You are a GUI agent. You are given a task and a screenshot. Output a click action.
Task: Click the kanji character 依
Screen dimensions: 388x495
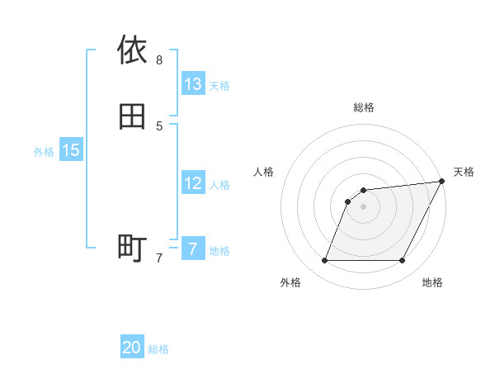tap(132, 50)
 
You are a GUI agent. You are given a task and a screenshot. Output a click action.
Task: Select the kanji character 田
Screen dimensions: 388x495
tap(132, 116)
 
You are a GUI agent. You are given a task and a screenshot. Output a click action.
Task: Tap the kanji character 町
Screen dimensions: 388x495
tap(132, 248)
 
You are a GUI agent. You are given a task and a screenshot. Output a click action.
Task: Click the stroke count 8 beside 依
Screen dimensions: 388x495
tap(159, 59)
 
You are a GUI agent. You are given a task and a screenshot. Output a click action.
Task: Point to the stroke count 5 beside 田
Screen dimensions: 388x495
tap(159, 125)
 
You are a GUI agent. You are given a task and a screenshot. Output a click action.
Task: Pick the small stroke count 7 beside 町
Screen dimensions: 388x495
tap(159, 258)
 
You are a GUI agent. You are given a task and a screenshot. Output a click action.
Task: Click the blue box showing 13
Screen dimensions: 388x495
tap(193, 84)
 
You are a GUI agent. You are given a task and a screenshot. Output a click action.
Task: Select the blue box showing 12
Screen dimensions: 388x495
tap(193, 183)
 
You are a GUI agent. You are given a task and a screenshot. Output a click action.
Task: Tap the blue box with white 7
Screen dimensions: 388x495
tap(193, 249)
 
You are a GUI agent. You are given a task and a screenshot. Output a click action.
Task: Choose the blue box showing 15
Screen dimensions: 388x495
tap(71, 150)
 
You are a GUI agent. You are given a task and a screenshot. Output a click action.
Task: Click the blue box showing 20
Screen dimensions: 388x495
tap(132, 348)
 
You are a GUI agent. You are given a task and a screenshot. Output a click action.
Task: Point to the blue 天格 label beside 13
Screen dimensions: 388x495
tap(219, 86)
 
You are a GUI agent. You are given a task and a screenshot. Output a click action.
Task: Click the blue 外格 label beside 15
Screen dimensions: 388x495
tap(44, 152)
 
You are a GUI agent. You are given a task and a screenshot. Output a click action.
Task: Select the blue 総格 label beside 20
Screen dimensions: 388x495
tap(158, 349)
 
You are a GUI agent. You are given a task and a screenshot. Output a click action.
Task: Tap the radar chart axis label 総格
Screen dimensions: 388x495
tap(364, 107)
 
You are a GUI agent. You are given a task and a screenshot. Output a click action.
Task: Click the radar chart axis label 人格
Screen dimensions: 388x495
tap(264, 172)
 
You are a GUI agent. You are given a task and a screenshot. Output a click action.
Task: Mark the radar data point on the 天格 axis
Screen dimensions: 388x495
tap(442, 182)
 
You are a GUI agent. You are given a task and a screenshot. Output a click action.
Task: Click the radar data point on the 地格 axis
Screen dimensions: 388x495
tap(403, 261)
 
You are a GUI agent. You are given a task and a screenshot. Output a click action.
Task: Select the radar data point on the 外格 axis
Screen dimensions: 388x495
tap(324, 261)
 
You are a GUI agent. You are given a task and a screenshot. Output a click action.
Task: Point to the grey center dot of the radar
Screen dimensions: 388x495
tap(363, 207)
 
